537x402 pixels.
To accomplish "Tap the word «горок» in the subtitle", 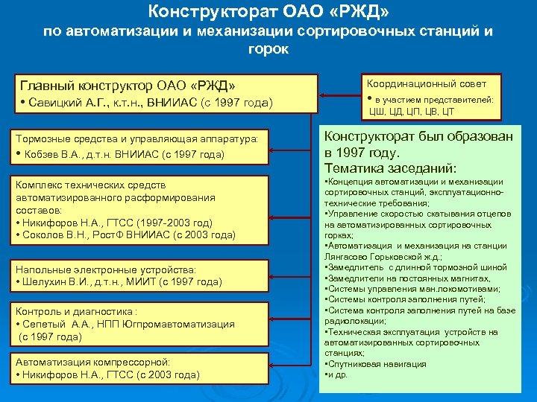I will coord(268,49).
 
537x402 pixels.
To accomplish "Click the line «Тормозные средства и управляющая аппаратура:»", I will coord(137,138).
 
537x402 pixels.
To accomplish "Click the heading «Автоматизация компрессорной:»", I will coord(93,362).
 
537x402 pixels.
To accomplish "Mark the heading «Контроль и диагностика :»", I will coord(76,312).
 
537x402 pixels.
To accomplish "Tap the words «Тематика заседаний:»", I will coord(390,168).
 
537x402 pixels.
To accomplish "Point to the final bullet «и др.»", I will coord(338,374).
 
